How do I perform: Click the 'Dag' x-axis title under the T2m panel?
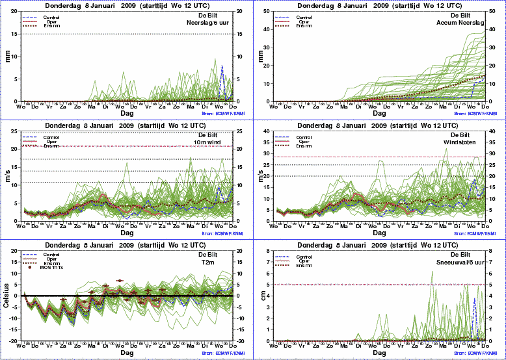(x=127, y=353)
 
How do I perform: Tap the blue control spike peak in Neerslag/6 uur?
(x=222, y=66)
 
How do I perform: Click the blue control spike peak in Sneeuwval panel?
(x=475, y=299)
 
